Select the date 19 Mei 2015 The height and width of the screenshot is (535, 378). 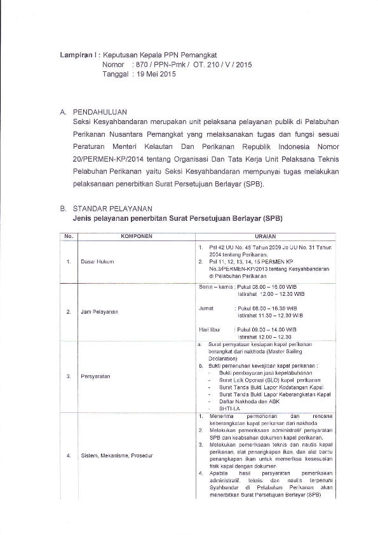(152, 74)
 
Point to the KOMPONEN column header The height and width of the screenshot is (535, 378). (133, 235)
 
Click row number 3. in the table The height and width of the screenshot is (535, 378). (68, 376)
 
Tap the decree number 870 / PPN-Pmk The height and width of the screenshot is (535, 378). (158, 65)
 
